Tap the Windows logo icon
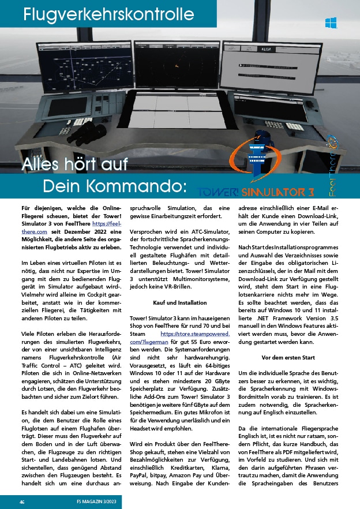click(331, 23)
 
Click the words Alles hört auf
click(76, 164)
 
